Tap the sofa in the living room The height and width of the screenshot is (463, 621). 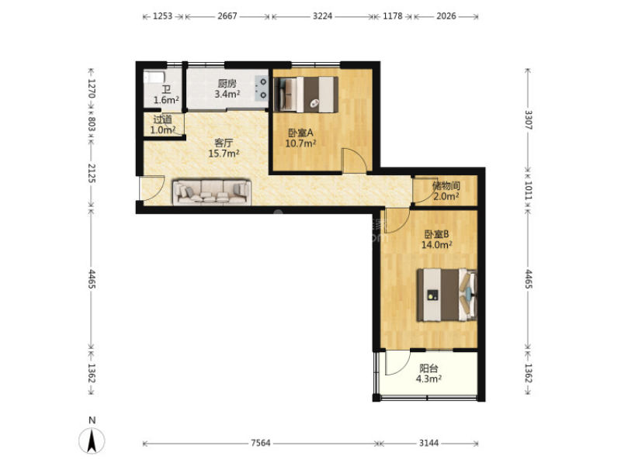point(212,192)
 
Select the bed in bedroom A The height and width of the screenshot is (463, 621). point(306,94)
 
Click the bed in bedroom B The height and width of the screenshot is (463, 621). point(446,295)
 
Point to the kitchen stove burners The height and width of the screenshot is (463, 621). point(262,88)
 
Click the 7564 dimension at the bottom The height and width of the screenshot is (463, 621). point(261,443)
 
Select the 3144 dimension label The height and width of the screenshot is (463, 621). point(428,443)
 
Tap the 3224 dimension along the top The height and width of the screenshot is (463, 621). point(322,16)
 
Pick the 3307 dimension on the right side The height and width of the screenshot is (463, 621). point(529,119)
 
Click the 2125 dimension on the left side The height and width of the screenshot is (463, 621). point(92,173)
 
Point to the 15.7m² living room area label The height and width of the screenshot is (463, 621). point(224,154)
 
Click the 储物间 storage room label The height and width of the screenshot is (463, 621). point(446,185)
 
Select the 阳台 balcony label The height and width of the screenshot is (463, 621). point(428,368)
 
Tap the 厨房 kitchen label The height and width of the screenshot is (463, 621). point(227,84)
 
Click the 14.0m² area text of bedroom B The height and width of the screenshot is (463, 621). point(436,245)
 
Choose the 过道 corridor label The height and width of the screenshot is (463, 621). point(162,119)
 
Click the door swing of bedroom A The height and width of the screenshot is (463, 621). point(354,161)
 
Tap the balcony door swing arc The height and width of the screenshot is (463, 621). point(398,362)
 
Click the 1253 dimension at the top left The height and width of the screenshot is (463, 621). point(162,16)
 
